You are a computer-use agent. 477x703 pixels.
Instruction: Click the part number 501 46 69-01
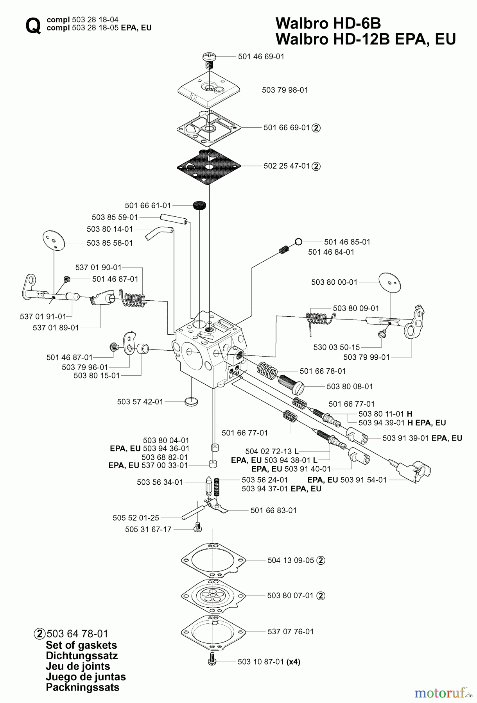coord(261,57)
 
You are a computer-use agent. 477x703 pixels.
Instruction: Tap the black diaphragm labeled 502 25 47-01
coord(209,166)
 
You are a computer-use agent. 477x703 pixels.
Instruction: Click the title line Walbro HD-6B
coord(328,23)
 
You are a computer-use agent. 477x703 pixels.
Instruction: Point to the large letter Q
coord(33,26)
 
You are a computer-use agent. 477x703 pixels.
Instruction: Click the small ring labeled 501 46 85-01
coord(298,242)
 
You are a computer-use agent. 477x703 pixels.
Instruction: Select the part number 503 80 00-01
coord(334,282)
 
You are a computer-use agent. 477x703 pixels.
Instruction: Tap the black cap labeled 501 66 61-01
coord(200,205)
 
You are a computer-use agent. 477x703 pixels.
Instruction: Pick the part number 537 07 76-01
coord(291,632)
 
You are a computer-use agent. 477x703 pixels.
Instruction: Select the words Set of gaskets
coord(81,645)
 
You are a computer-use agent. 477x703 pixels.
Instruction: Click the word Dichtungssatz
coord(82,656)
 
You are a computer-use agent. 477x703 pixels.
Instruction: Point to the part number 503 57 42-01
coord(140,401)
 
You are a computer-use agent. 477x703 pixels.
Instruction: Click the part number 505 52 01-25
coord(136,518)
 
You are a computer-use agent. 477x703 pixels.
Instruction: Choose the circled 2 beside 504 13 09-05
coord(321,560)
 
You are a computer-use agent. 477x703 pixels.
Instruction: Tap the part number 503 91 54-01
coord(363,480)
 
